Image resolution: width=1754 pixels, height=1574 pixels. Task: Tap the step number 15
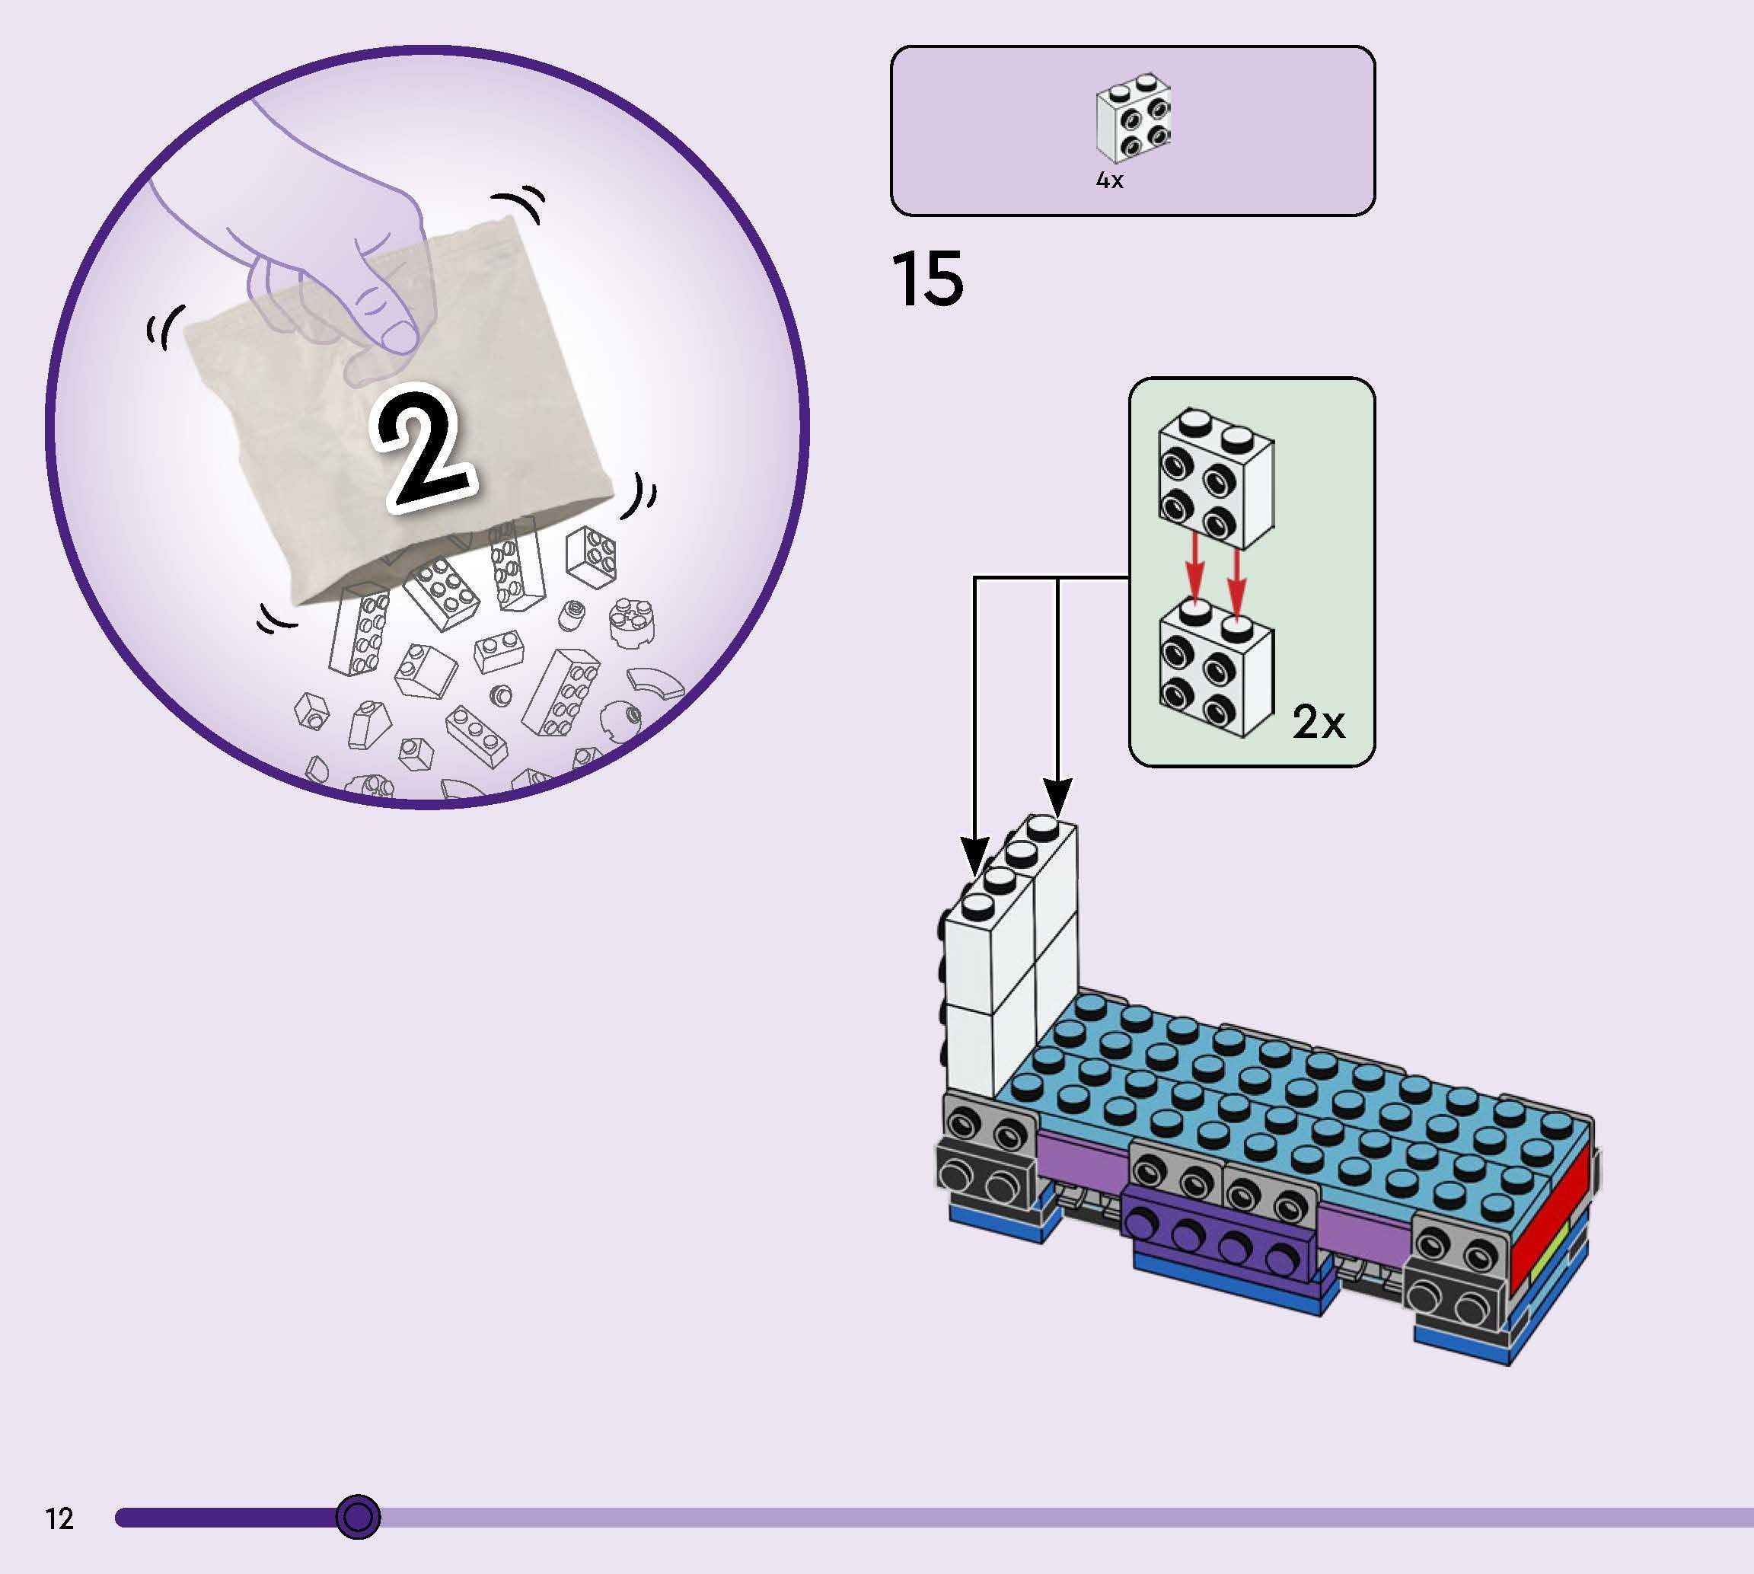pos(926,279)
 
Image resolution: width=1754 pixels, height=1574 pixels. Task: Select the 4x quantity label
pos(1109,180)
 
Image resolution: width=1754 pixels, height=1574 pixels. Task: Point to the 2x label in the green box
pos(1319,723)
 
